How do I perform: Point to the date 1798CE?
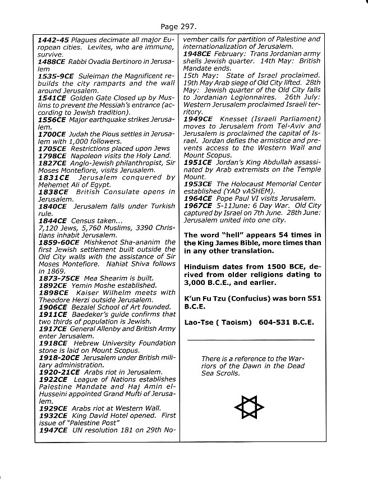coord(52,155)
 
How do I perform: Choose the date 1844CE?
coord(52,221)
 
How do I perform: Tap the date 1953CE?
coord(199,183)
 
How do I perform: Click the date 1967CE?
coord(199,205)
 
